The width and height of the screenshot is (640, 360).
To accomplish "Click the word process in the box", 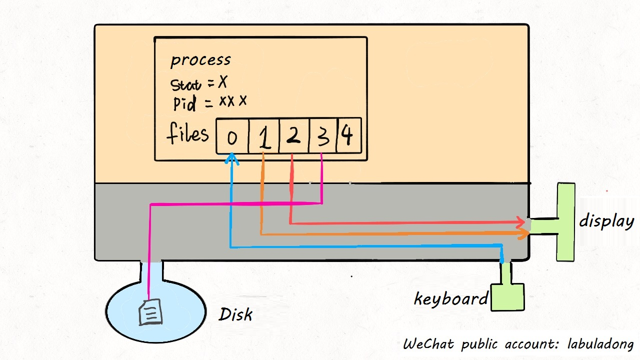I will tap(200, 60).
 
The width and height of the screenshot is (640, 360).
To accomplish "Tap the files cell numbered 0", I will tap(232, 136).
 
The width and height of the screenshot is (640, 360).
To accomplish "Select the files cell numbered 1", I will tap(264, 136).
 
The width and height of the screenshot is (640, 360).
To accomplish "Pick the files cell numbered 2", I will tap(294, 135).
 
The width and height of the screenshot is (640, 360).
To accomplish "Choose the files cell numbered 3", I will tap(323, 136).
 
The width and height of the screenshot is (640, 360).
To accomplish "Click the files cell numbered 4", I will tap(348, 135).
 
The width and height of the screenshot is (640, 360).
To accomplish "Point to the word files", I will tap(187, 134).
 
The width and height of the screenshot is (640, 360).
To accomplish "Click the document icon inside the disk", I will tap(150, 312).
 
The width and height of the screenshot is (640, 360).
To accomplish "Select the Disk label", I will tap(235, 314).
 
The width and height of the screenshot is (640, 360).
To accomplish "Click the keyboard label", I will tap(450, 299).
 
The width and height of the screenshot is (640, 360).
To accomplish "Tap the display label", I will tap(606, 221).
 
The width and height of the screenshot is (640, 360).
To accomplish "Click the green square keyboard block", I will tap(507, 297).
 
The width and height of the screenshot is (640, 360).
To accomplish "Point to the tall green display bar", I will tap(566, 221).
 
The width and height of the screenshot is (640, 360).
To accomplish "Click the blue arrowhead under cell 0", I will tap(231, 158).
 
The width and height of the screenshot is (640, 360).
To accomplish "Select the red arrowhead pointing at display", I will tap(521, 222).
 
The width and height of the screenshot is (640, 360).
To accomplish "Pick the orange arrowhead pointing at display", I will tap(524, 234).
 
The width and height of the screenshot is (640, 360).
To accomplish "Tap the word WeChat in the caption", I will tap(429, 344).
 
